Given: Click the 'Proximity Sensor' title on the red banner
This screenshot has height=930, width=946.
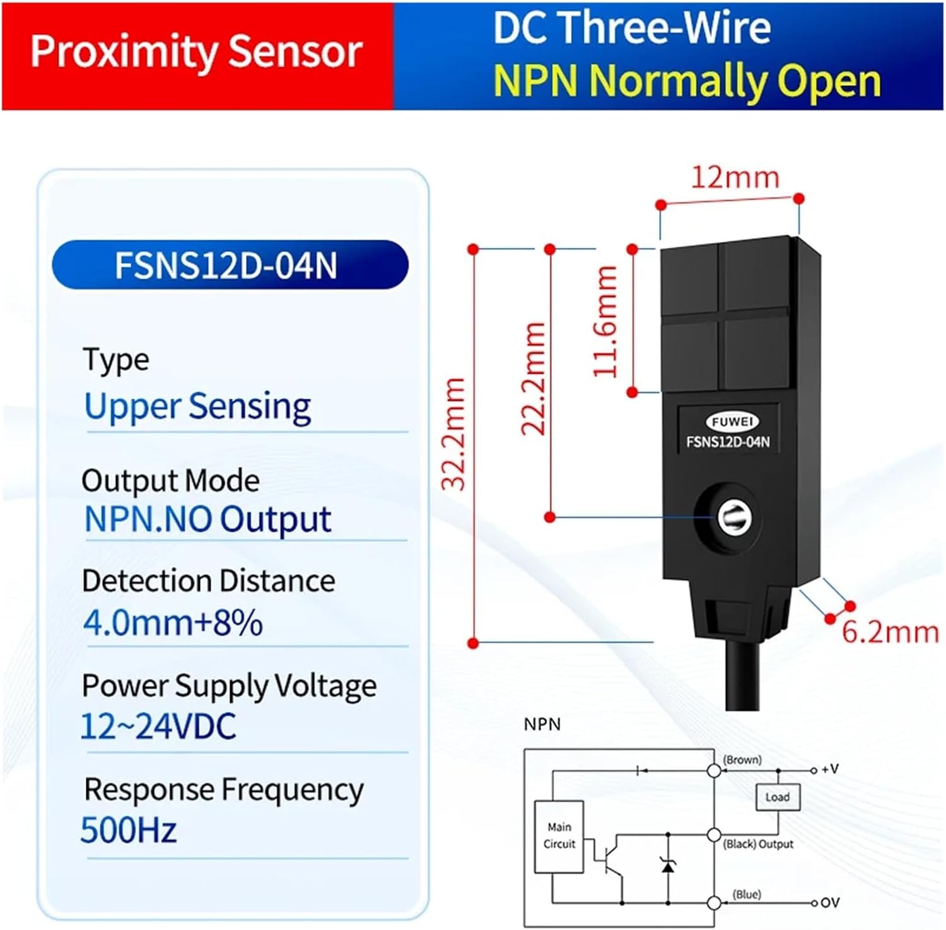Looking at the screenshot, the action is click(196, 52).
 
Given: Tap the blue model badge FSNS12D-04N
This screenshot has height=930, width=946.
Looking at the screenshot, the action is click(230, 265).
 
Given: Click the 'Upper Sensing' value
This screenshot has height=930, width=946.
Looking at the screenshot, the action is click(197, 406).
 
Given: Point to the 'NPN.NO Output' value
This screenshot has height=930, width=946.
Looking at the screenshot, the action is click(207, 520).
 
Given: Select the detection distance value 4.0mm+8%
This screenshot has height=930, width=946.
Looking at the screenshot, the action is click(173, 623).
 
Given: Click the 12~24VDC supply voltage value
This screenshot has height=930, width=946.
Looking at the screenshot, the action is click(158, 726).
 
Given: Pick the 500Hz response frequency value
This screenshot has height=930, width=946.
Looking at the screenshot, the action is click(129, 830).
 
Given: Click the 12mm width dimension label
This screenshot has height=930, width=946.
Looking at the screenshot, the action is click(735, 177).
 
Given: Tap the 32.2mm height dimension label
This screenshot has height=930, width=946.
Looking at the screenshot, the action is click(453, 434).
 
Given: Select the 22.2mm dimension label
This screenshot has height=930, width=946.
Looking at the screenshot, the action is click(533, 379).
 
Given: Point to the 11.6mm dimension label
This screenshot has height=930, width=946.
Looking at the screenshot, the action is click(605, 321).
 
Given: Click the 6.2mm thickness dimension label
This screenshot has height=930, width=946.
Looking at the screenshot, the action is click(890, 632).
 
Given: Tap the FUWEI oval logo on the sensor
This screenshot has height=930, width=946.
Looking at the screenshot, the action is click(732, 421).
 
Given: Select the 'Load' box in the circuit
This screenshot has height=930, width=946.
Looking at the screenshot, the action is click(777, 797).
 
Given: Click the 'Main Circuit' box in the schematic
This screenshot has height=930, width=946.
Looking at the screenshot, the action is click(559, 835).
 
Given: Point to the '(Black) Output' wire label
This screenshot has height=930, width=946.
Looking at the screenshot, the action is click(757, 844).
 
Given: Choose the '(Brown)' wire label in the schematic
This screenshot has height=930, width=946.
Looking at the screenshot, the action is click(742, 760).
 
